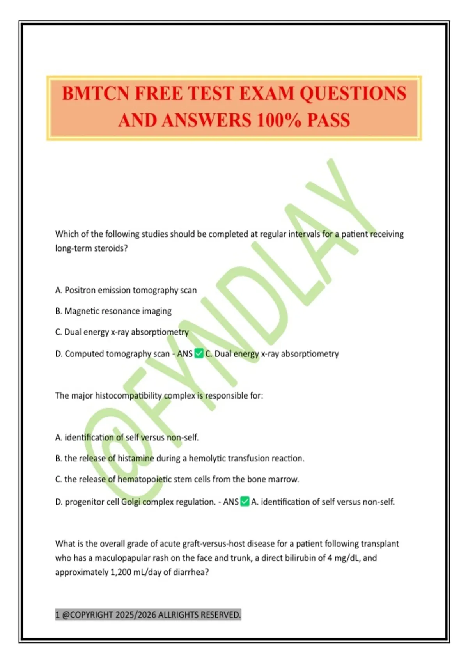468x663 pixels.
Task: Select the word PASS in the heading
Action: click(x=328, y=120)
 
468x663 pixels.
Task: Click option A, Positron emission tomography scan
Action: click(x=126, y=290)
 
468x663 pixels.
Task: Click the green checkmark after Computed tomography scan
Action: click(x=199, y=354)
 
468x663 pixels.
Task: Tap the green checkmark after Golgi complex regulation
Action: click(x=245, y=502)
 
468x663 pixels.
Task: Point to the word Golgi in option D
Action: click(x=131, y=502)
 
